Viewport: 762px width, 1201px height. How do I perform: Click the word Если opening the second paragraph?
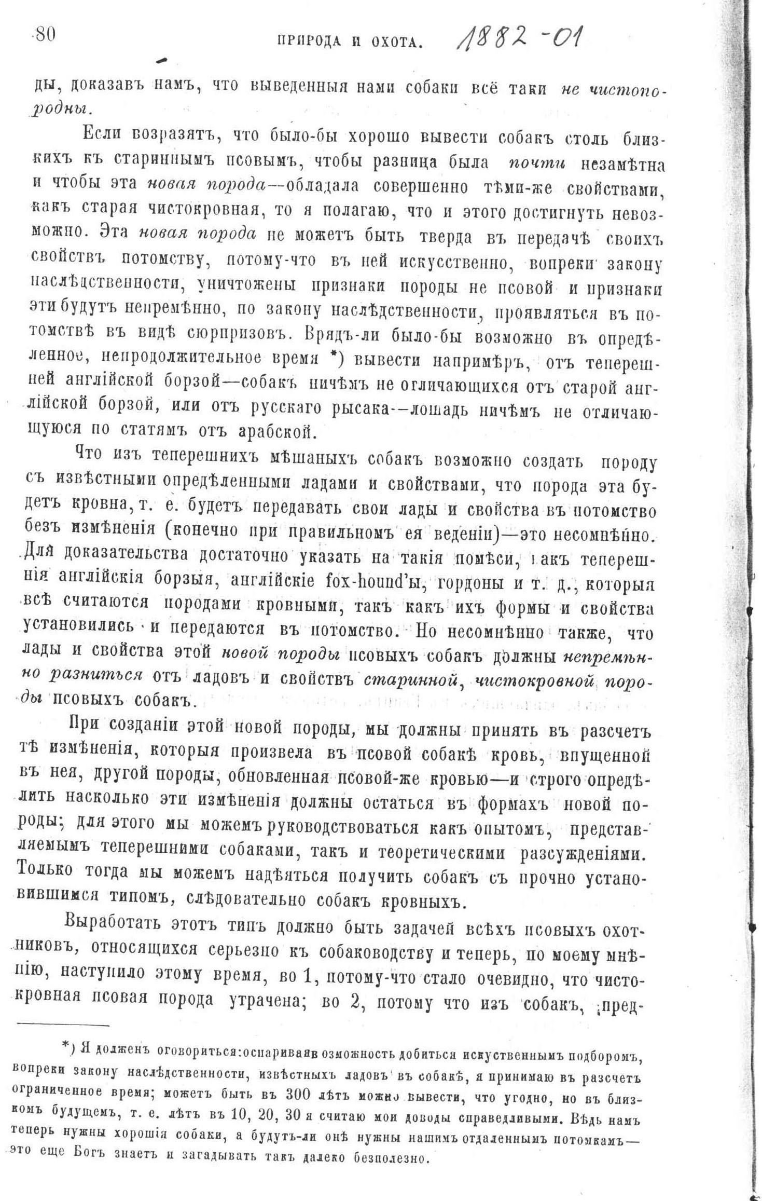(100, 137)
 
